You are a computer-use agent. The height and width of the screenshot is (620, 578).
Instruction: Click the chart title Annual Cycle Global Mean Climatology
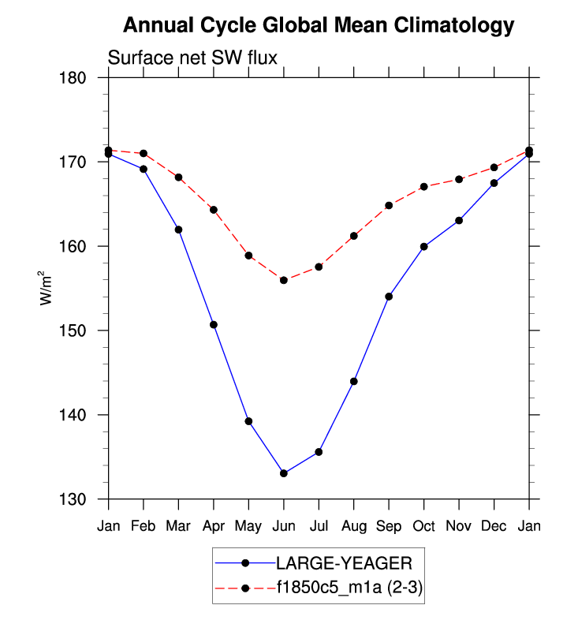click(x=319, y=26)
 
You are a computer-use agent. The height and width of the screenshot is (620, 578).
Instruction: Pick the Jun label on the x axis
click(x=283, y=526)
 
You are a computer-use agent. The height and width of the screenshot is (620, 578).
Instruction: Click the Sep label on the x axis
click(x=389, y=526)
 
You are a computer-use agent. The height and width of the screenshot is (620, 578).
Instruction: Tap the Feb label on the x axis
click(x=143, y=526)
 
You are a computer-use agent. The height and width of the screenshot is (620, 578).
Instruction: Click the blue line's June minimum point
click(x=283, y=473)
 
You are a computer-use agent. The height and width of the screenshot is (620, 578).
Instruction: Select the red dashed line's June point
click(x=283, y=280)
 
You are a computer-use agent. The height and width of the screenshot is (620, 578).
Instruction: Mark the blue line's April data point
click(x=213, y=325)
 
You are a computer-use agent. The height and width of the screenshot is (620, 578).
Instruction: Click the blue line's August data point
click(x=353, y=381)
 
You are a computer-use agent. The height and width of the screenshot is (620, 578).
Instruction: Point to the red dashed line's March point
click(x=178, y=177)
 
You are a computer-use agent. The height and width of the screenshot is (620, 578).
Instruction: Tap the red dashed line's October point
click(x=423, y=187)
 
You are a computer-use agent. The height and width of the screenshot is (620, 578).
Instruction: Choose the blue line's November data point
click(x=459, y=220)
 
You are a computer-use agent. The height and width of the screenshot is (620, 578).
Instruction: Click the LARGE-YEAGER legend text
click(x=343, y=562)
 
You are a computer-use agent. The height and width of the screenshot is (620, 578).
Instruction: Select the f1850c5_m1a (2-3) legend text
click(x=348, y=588)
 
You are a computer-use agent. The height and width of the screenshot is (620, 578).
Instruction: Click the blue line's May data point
click(x=248, y=421)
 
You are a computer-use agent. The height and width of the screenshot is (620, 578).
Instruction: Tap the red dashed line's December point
click(x=494, y=167)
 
